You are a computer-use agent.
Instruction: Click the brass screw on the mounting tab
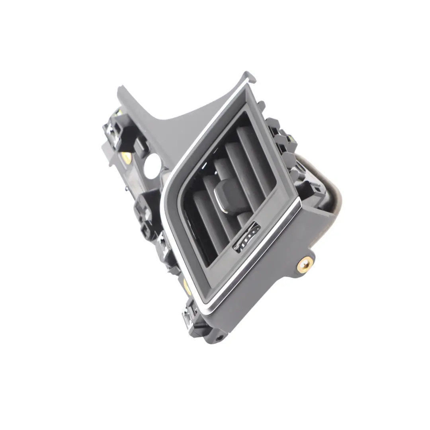(x=305, y=264)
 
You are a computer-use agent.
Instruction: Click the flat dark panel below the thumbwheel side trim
(x=271, y=287)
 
